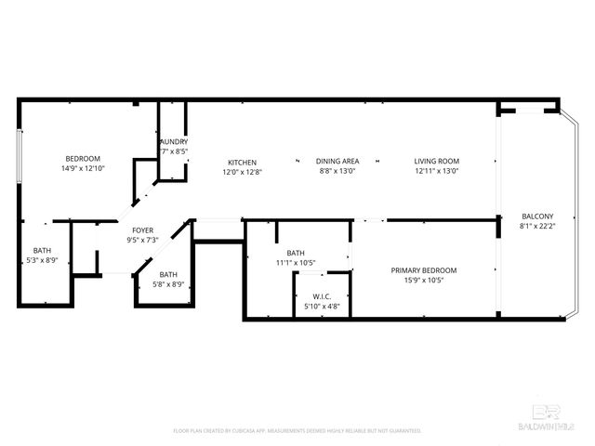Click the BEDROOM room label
point(82,159)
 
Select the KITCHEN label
point(242,162)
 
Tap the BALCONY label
point(537,216)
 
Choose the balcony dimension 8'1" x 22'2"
point(537,226)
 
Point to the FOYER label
point(142,230)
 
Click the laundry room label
point(174,141)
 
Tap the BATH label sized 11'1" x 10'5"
point(295,253)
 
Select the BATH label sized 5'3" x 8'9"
point(43,250)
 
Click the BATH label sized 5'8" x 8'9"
point(168,274)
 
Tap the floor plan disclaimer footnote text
point(297,431)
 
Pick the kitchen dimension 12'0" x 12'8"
point(242,172)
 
